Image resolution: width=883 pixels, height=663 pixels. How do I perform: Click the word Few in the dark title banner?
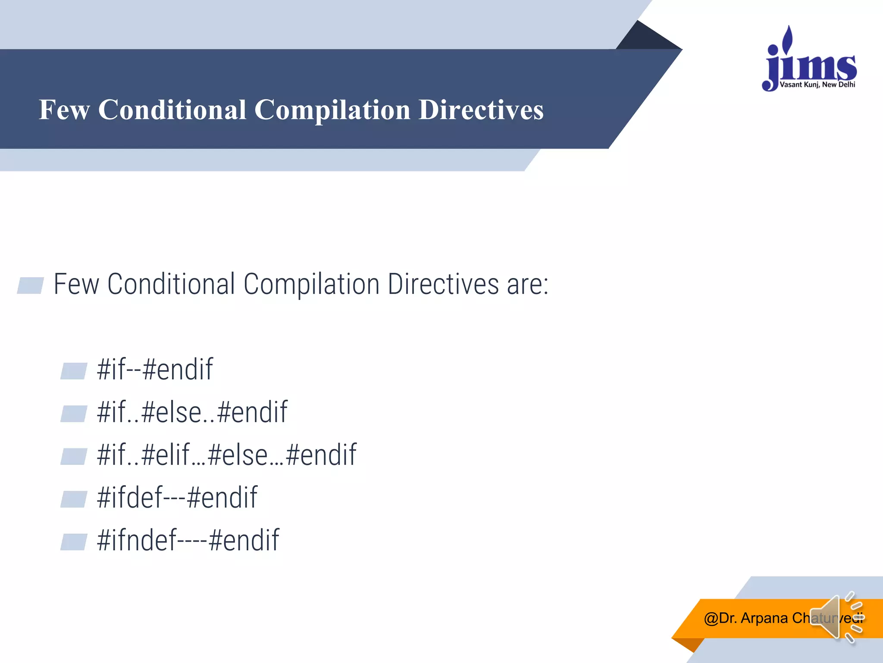click(x=64, y=110)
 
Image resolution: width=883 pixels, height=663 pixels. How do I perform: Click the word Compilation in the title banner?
click(x=332, y=110)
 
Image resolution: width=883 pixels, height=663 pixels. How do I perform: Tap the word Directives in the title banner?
click(x=481, y=110)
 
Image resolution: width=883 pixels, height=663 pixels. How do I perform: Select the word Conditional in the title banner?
click(x=172, y=110)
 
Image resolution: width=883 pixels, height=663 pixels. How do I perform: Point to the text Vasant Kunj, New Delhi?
click(x=817, y=85)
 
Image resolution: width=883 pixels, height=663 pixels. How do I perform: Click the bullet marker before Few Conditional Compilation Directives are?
click(x=31, y=285)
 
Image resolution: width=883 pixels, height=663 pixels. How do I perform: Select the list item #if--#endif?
click(x=155, y=369)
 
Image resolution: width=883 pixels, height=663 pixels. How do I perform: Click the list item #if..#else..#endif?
click(x=192, y=412)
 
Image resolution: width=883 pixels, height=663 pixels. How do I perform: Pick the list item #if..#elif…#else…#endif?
click(x=227, y=455)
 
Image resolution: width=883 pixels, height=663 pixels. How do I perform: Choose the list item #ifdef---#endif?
click(x=177, y=498)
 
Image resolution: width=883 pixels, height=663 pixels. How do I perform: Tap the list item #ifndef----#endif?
click(x=188, y=540)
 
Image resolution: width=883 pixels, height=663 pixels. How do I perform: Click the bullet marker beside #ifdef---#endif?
click(x=74, y=499)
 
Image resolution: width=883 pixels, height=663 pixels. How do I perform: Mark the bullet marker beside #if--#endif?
click(x=74, y=371)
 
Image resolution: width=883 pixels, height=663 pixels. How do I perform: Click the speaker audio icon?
click(x=834, y=617)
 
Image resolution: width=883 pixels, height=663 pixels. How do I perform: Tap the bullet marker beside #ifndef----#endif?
click(x=74, y=542)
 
